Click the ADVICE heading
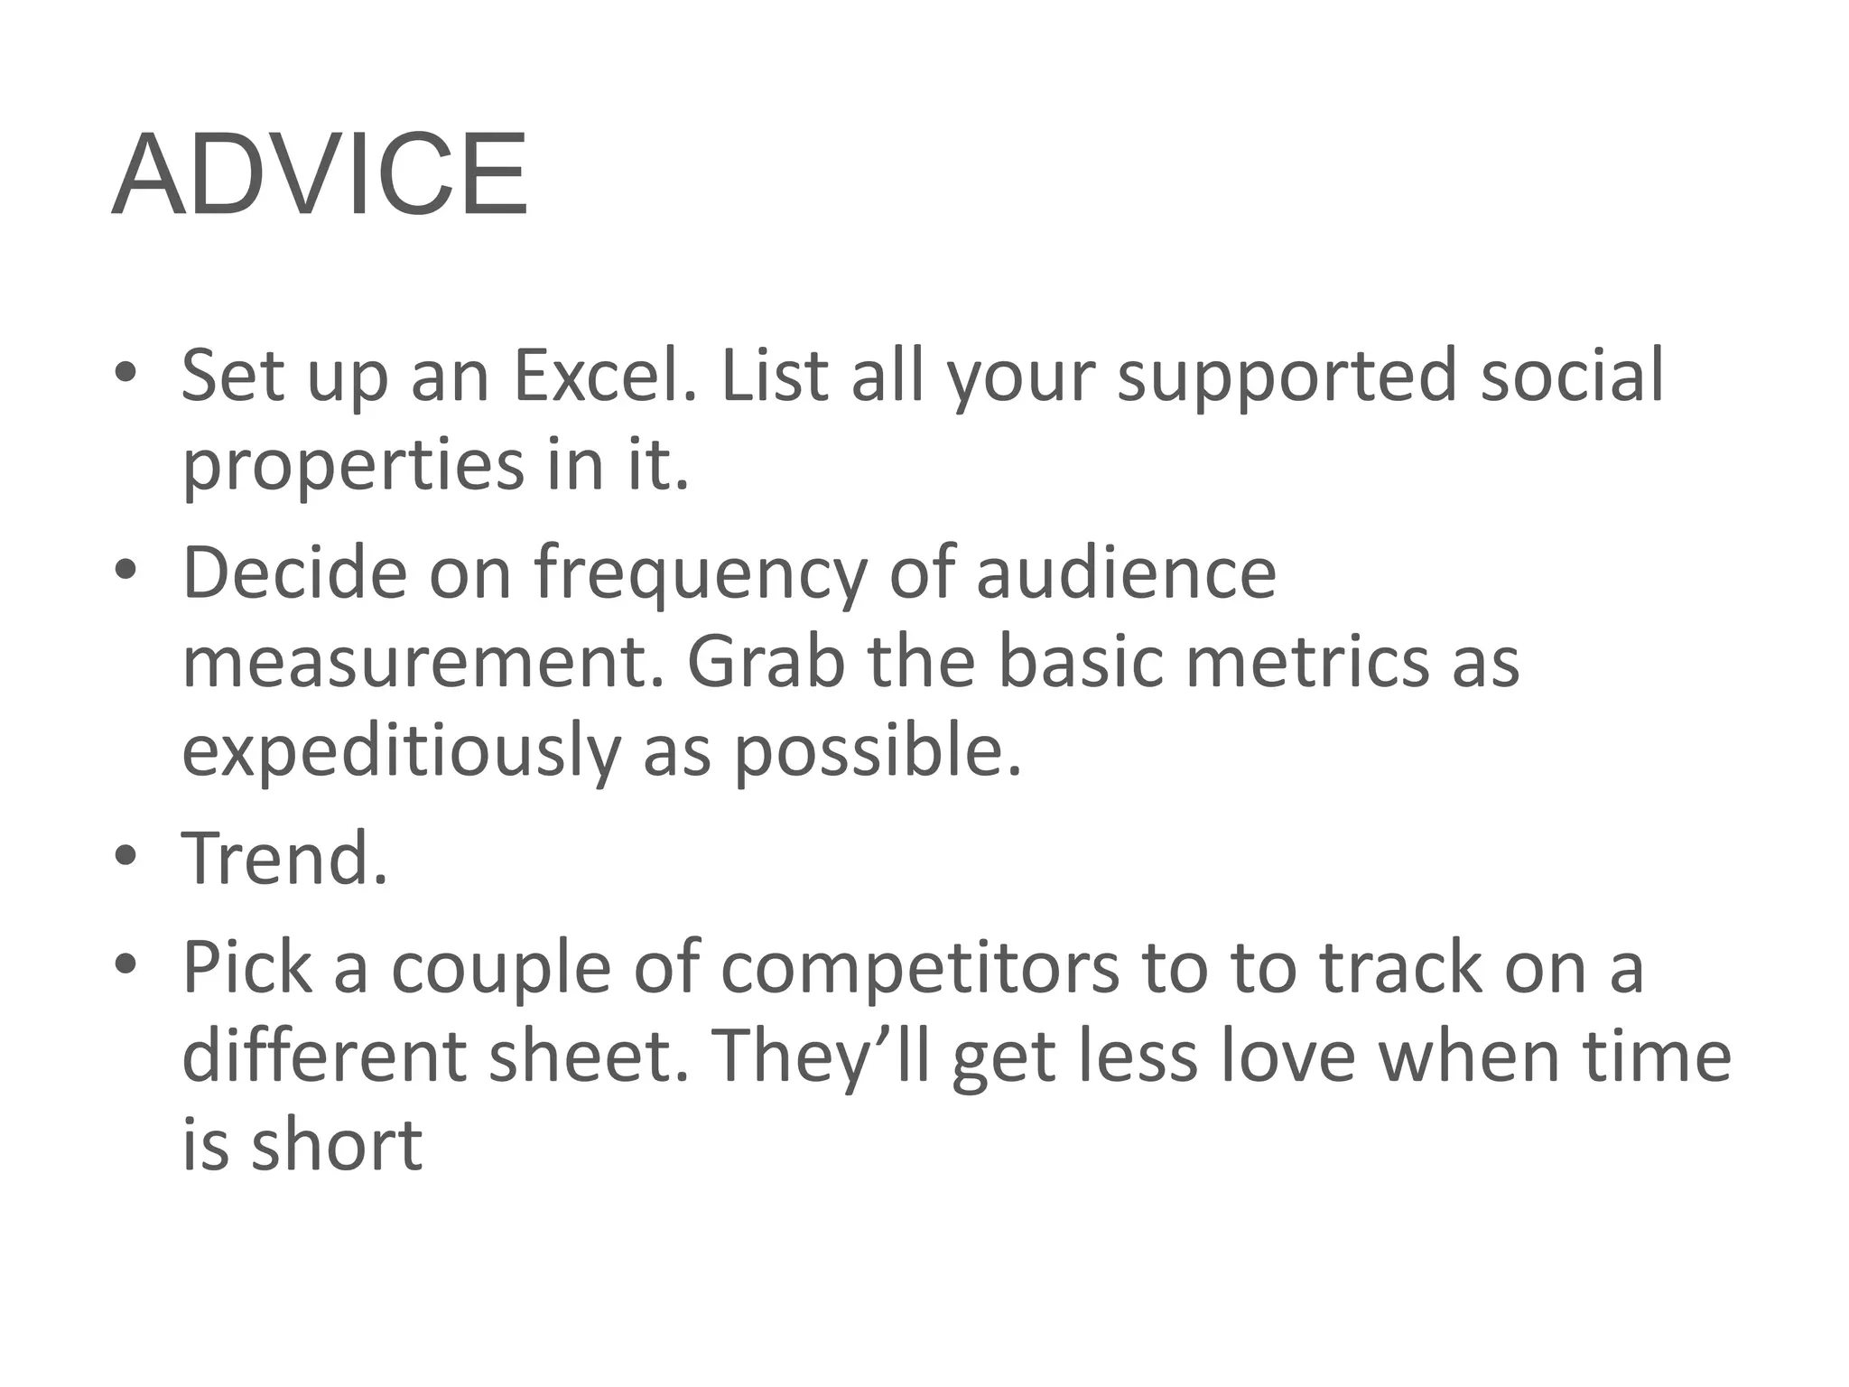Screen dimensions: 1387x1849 [319, 174]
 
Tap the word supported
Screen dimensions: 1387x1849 [1287, 377]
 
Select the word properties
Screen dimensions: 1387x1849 [353, 466]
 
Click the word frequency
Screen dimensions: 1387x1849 [700, 574]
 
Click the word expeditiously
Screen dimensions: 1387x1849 [401, 753]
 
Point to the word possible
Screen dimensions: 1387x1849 [877, 751]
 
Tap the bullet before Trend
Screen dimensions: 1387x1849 [125, 855]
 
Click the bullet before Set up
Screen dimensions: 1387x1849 [125, 373]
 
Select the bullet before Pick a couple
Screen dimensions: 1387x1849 [125, 963]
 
